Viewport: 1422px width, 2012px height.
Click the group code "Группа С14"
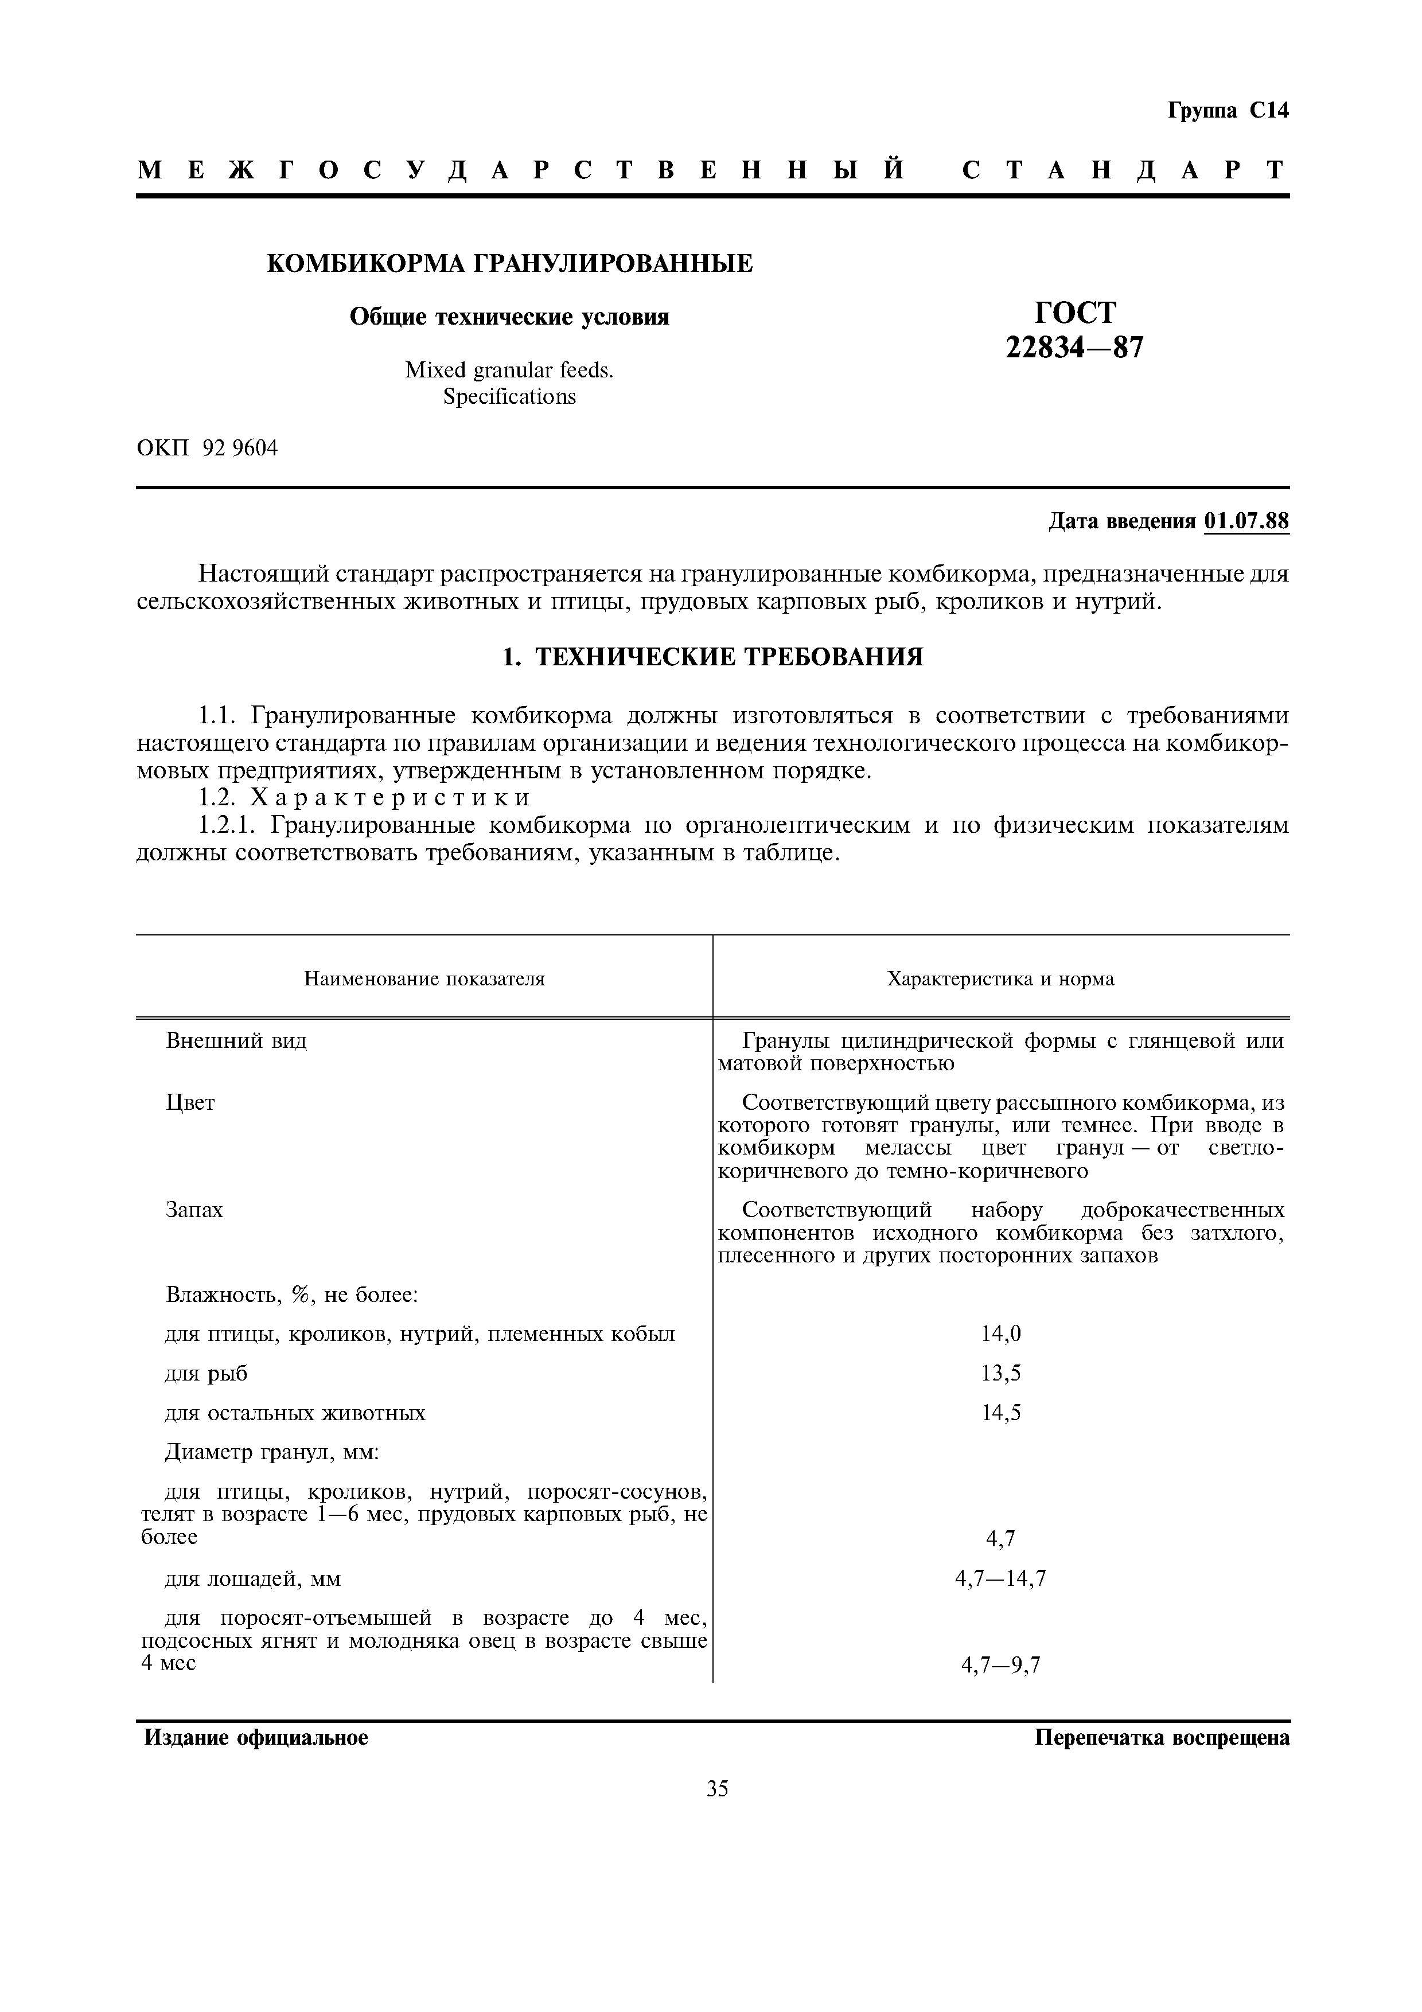coord(1228,111)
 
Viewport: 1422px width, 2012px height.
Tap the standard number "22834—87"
coord(1074,348)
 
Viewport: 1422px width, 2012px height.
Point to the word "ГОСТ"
coord(1075,312)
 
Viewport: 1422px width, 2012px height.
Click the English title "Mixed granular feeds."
coord(509,371)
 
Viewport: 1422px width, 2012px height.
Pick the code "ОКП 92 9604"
coord(208,448)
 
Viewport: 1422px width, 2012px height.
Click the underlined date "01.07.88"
coord(1247,521)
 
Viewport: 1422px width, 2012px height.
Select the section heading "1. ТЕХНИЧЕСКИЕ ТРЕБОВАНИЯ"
coord(712,656)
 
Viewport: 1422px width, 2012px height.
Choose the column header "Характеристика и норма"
coord(1000,979)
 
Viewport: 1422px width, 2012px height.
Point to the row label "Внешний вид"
coord(236,1041)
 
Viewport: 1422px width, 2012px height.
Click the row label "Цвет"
coord(190,1102)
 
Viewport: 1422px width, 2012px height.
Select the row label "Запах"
coord(194,1210)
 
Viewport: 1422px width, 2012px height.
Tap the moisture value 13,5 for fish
coord(1000,1373)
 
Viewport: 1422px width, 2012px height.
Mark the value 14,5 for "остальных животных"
coord(1000,1413)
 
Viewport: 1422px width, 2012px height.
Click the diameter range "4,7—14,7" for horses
coord(1000,1579)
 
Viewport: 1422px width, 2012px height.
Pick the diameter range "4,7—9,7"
coord(1000,1665)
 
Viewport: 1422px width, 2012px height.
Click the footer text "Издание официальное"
coord(256,1738)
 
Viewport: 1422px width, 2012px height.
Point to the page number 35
coord(716,1788)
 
